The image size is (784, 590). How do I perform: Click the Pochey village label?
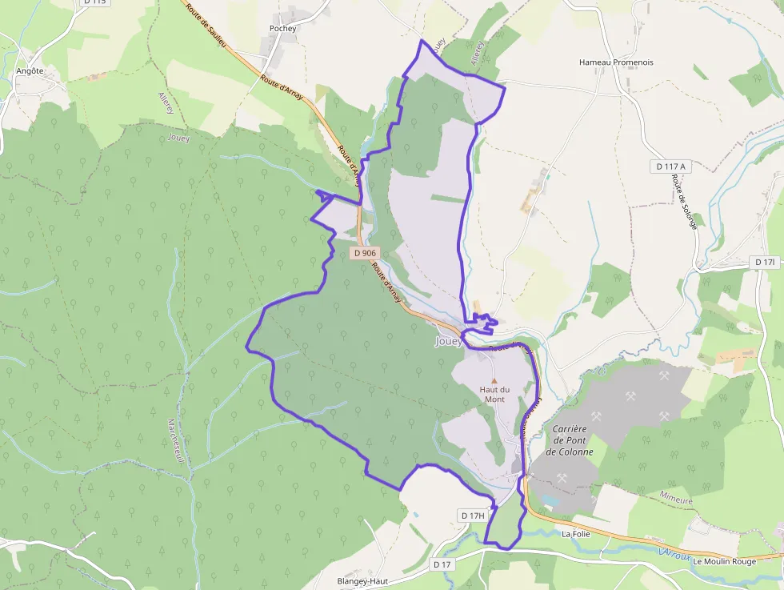pyautogui.click(x=283, y=29)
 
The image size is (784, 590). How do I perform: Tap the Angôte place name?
pyautogui.click(x=30, y=70)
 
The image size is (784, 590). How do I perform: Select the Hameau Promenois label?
pyautogui.click(x=616, y=62)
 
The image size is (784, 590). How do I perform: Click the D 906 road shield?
pyautogui.click(x=364, y=253)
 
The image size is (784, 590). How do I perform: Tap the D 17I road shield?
pyautogui.click(x=766, y=263)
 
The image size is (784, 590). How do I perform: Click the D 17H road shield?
pyautogui.click(x=473, y=516)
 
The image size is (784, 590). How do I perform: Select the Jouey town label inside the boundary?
pyautogui.click(x=448, y=341)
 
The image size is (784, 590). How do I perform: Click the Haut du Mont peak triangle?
pyautogui.click(x=494, y=380)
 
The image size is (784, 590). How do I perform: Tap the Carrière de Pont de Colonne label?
pyautogui.click(x=570, y=440)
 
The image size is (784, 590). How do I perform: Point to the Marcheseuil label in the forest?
pyautogui.click(x=175, y=441)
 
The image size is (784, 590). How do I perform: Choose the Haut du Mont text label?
pyautogui.click(x=493, y=394)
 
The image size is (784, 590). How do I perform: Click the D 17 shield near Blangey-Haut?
pyautogui.click(x=442, y=564)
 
